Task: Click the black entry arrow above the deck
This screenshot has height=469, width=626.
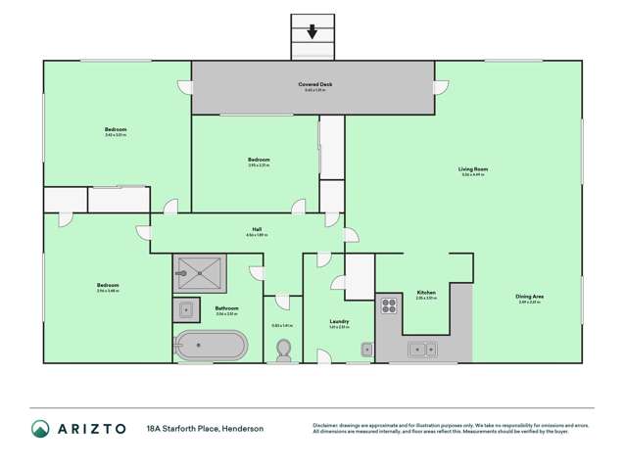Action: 313,31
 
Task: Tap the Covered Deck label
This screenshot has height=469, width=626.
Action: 313,85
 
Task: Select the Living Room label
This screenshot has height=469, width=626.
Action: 473,169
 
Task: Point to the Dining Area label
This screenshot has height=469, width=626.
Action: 530,297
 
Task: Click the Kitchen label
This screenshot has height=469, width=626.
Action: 426,292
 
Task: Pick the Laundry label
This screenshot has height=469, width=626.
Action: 340,320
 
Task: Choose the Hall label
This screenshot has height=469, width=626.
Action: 257,230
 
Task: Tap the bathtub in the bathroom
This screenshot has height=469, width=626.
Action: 211,347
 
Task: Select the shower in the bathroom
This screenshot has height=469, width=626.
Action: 200,273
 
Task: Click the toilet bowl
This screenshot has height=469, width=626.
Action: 284,350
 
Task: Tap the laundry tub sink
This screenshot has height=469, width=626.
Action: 366,348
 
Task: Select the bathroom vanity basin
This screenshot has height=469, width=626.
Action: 187,310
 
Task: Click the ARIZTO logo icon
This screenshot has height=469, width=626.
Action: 40,428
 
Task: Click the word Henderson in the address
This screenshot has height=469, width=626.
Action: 241,428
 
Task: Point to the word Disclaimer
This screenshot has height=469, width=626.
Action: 329,425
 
